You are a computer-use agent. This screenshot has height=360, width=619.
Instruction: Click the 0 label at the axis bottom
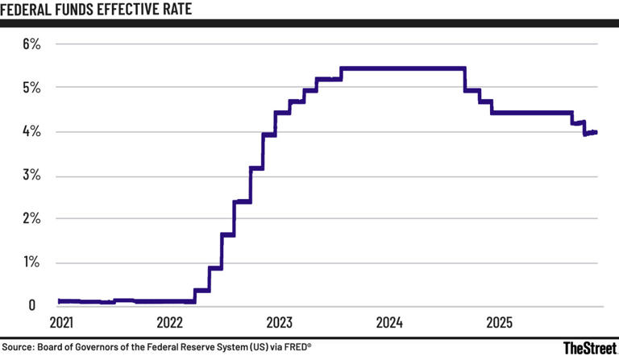(32, 305)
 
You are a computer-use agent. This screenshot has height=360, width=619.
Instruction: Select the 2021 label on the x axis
(61, 323)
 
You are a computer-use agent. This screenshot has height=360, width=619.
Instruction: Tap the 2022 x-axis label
(170, 323)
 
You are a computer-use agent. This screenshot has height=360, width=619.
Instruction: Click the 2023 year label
(280, 323)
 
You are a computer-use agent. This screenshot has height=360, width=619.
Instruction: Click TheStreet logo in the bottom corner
(589, 348)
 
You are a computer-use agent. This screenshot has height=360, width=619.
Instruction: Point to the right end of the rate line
(596, 132)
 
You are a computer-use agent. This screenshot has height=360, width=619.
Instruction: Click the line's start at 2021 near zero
(60, 300)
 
